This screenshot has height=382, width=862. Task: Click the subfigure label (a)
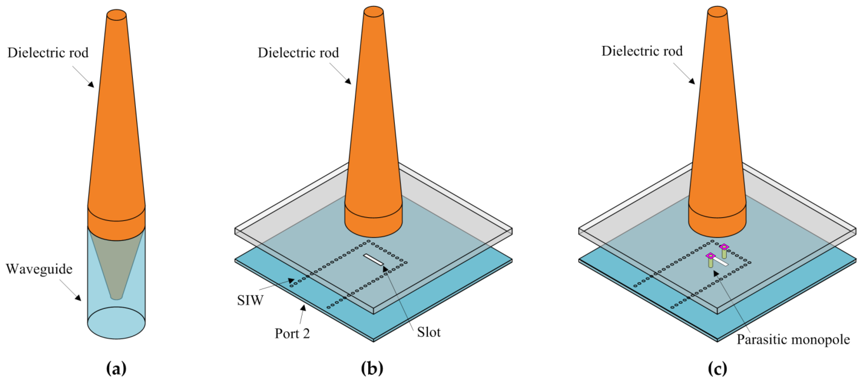pos(116,369)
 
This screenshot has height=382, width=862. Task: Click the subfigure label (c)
pos(717,369)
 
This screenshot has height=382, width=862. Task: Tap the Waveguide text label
pos(39,269)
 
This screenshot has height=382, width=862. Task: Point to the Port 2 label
pos(292,333)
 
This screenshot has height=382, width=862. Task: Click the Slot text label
pos(428,332)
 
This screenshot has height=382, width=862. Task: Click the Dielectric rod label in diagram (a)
pos(48,53)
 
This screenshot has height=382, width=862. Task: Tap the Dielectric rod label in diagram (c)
pos(642,51)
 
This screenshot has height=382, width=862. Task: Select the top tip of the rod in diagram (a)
pos(116,15)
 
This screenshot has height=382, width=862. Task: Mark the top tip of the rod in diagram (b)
pos(373,11)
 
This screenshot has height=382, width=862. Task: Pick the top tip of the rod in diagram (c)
pos(717,11)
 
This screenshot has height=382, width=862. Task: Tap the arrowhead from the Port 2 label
pos(304,307)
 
